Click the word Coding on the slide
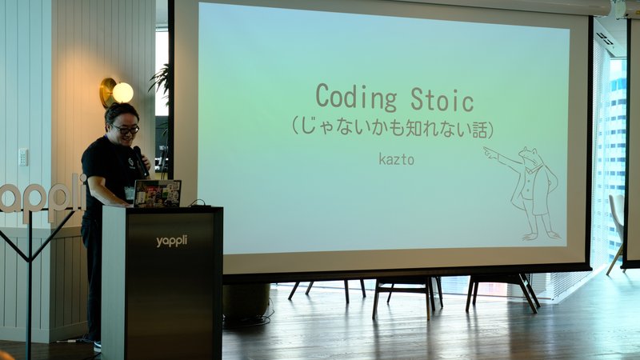[356, 98]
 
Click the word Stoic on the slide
[442, 98]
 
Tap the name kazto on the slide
[396, 158]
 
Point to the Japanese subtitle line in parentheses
[393, 129]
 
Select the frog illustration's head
[529, 155]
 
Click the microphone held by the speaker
[141, 162]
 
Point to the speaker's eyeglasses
[125, 130]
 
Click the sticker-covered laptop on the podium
[157, 193]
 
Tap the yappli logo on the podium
[171, 242]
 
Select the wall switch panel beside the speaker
[23, 157]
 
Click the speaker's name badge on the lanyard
[130, 193]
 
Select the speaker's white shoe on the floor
[97, 346]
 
